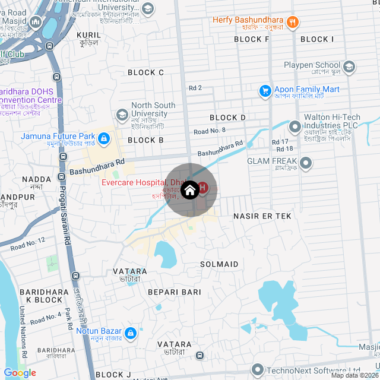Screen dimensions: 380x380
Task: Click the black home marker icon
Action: click(189, 191)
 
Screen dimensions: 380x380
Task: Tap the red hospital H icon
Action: click(202, 188)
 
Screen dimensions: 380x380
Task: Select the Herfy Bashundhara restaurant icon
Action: click(292, 23)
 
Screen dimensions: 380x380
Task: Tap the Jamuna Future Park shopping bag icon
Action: click(104, 139)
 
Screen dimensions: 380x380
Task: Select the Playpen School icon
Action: click(349, 65)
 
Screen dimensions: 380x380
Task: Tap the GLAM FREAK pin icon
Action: click(306, 162)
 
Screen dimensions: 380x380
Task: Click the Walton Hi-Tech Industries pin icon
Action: click(294, 126)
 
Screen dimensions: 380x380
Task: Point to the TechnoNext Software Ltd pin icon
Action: click(257, 370)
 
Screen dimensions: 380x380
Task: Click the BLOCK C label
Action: click(145, 72)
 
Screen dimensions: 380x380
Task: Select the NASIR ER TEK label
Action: click(262, 216)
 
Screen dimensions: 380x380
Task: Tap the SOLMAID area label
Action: click(219, 264)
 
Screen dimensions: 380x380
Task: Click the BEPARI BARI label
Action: click(175, 292)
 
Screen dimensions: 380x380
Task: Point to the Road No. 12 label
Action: click(27, 242)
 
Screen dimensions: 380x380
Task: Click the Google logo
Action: click(20, 373)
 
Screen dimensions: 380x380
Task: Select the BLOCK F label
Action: click(252, 39)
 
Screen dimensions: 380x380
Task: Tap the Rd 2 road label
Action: click(195, 88)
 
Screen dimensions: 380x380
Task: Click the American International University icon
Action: click(147, 8)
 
